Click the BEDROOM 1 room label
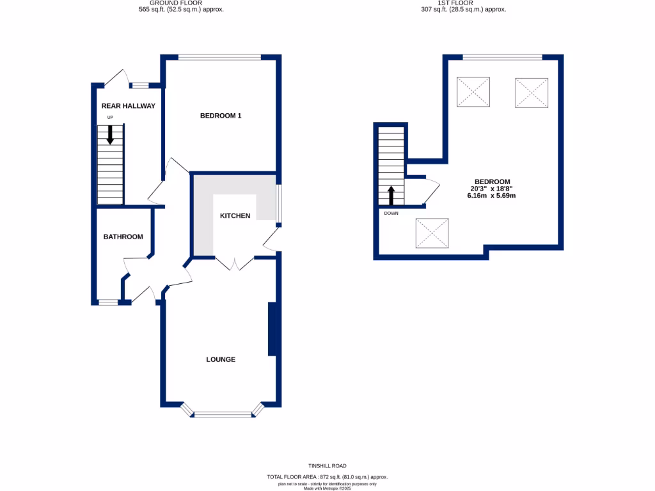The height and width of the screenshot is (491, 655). click(221, 116)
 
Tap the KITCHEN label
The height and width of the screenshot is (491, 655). click(235, 216)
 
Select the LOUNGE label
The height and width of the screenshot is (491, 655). click(221, 359)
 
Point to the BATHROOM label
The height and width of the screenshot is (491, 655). click(123, 237)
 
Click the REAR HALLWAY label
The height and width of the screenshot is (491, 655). click(128, 106)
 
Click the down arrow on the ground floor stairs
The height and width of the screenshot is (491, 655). click(110, 134)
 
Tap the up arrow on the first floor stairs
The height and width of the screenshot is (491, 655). click(391, 194)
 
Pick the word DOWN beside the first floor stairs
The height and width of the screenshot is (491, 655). click(391, 213)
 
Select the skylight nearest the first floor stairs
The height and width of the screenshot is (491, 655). click(433, 233)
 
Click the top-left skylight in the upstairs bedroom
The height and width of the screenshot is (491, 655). click(472, 92)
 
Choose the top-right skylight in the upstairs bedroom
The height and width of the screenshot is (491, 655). click(532, 93)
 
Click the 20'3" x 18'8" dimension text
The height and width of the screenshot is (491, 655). click(491, 189)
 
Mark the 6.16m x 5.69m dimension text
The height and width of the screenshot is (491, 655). click(491, 196)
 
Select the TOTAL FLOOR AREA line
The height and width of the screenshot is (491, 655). click(327, 478)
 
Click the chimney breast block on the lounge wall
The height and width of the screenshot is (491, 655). click(271, 329)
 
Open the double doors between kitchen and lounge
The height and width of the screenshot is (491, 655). click(234, 263)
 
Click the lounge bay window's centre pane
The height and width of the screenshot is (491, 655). click(223, 414)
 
